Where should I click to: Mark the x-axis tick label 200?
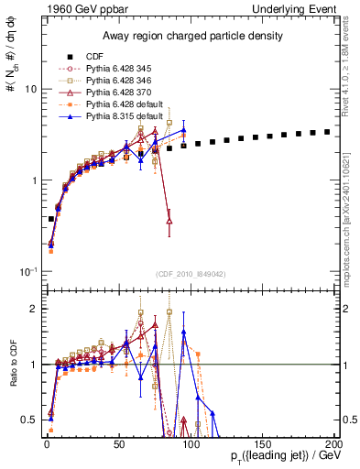(x=334, y=444)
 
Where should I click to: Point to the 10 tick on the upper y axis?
(x=29, y=89)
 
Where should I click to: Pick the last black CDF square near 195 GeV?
(x=327, y=132)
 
